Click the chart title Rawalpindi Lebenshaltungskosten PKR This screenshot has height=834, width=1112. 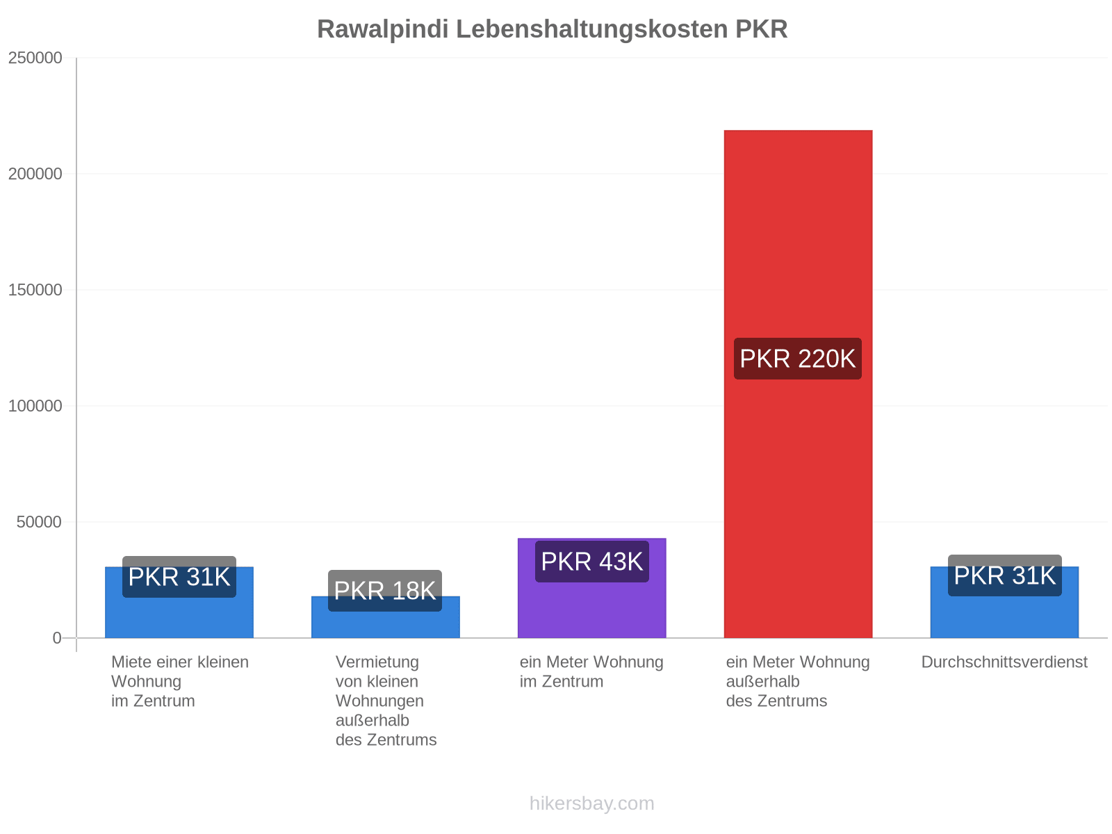(552, 29)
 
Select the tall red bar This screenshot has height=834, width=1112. (798, 384)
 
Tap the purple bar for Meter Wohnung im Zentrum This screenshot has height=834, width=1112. (591, 588)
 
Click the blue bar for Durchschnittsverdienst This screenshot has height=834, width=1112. (1004, 602)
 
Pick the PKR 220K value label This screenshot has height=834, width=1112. (797, 359)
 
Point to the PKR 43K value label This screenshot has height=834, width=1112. (591, 562)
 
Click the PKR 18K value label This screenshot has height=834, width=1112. (385, 591)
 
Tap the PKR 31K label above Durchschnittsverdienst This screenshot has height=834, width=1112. (1004, 575)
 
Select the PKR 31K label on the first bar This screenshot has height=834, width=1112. (179, 577)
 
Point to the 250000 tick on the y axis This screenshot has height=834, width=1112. (35, 58)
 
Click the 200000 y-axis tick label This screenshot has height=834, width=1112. (35, 174)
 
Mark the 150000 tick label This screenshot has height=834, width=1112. (35, 290)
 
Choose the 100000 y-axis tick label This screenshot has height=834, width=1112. (35, 406)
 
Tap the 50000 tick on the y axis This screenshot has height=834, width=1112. (39, 521)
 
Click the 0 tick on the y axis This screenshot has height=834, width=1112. (57, 638)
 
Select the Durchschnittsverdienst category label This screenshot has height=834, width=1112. (1004, 662)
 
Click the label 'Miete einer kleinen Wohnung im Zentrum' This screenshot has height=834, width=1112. (180, 682)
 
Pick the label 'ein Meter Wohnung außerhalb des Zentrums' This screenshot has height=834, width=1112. (797, 682)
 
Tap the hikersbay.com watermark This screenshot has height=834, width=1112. (591, 803)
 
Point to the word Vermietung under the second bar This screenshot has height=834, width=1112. (377, 662)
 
